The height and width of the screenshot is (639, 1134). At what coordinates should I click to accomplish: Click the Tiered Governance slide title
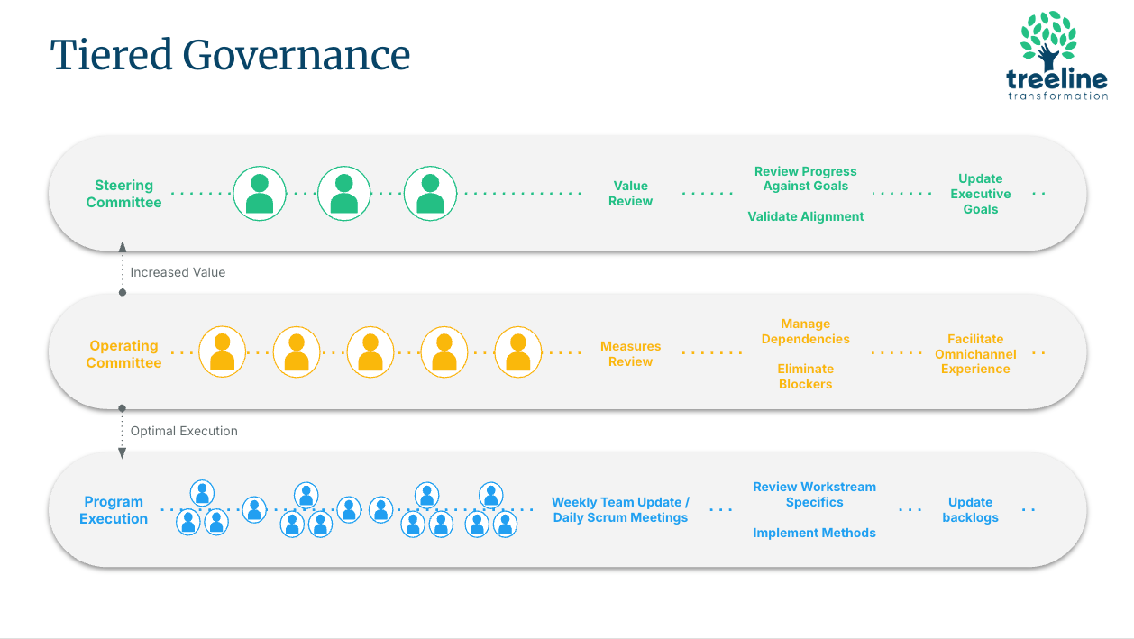coord(230,55)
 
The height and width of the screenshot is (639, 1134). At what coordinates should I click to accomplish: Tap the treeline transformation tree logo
coord(1057,56)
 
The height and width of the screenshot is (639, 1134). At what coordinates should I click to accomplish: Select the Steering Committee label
coord(123,194)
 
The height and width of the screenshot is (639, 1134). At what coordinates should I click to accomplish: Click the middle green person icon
coord(343,194)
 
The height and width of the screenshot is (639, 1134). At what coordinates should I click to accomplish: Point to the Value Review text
coord(630,194)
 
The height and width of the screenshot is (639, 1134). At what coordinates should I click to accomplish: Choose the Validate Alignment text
coord(806,216)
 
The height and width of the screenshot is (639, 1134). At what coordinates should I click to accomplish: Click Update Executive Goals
coord(980,194)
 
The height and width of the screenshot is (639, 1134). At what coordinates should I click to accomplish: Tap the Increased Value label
coord(178,272)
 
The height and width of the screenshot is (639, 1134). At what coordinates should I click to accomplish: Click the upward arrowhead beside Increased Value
coord(123,247)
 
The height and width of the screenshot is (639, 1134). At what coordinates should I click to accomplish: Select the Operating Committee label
coord(123,354)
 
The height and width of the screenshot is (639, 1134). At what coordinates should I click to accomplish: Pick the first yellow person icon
coord(223,351)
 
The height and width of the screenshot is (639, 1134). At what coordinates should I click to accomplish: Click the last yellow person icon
coord(518,351)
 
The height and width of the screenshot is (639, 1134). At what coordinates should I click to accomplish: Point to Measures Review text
coord(630,354)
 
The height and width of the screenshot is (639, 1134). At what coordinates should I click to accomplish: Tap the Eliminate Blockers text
coord(805,376)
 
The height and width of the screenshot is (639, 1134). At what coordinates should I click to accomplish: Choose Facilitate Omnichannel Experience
coord(975,354)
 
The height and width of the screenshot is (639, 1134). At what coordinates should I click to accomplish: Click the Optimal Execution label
coord(184,431)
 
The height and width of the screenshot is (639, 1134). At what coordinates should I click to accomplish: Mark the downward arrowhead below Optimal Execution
coord(122,453)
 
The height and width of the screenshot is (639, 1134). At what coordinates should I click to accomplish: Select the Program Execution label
coord(114,510)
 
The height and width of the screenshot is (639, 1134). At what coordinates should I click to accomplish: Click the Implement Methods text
coord(814,533)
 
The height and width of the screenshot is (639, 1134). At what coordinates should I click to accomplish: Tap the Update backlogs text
coord(970,509)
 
